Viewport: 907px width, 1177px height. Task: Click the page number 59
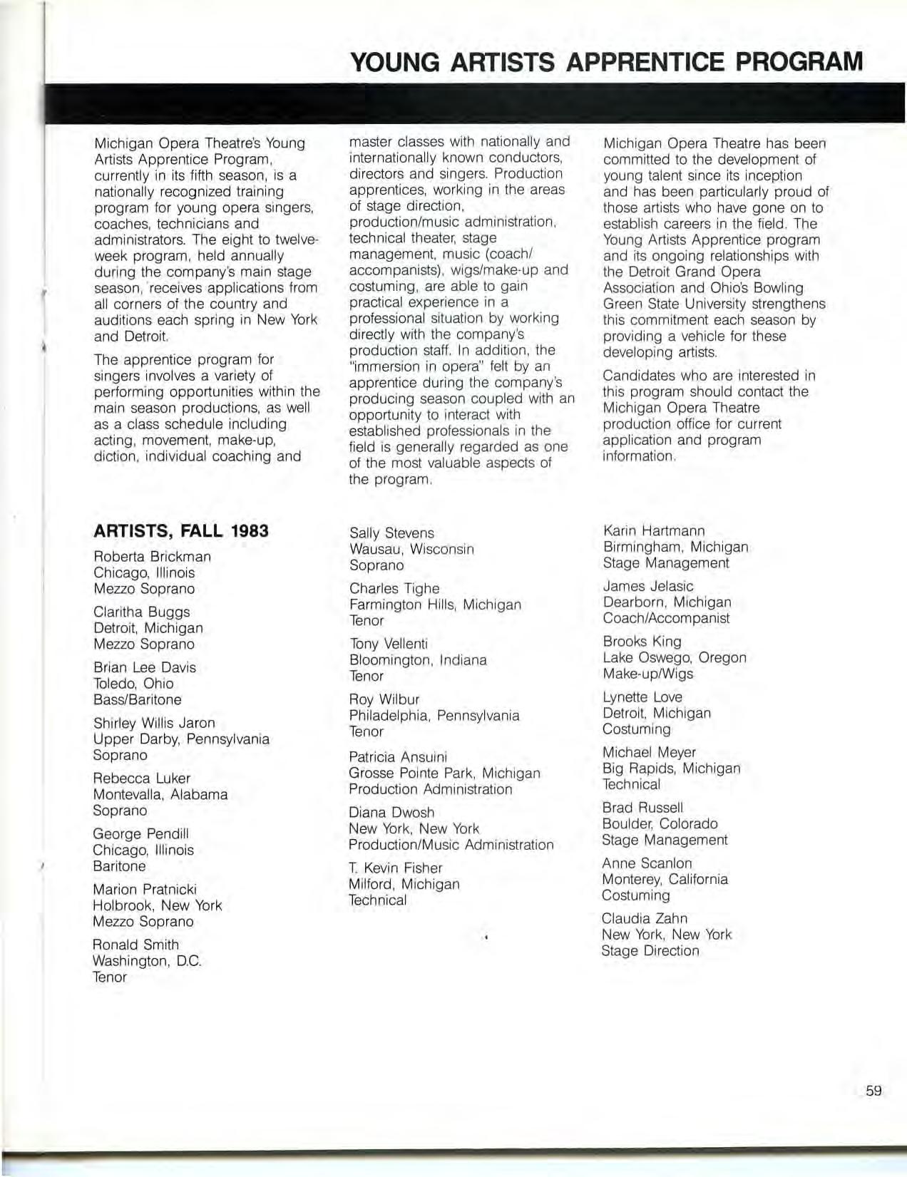[873, 1090]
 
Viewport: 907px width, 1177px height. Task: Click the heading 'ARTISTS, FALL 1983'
[181, 531]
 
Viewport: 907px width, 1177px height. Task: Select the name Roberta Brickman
[152, 557]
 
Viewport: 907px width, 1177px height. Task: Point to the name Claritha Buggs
[141, 612]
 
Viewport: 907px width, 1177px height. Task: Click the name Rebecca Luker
[141, 778]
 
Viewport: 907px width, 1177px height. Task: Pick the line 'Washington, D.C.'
[147, 960]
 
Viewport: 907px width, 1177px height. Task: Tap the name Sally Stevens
[391, 533]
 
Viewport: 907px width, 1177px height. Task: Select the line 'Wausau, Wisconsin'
[411, 549]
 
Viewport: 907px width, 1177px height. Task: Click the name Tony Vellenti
[388, 644]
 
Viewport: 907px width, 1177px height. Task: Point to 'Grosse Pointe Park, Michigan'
[444, 773]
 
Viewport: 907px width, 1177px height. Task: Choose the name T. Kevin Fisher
[395, 868]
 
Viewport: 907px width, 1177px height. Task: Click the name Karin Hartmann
[653, 530]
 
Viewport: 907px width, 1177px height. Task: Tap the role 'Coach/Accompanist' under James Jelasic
[666, 618]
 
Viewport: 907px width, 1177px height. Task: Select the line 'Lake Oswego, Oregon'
[674, 657]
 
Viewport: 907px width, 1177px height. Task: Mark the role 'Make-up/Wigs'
[647, 674]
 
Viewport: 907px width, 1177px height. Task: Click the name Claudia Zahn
[644, 918]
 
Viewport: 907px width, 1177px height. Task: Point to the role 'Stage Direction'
[650, 950]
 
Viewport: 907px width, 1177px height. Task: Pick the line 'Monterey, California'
[665, 879]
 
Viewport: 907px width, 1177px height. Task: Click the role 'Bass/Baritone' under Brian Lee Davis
[137, 699]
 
